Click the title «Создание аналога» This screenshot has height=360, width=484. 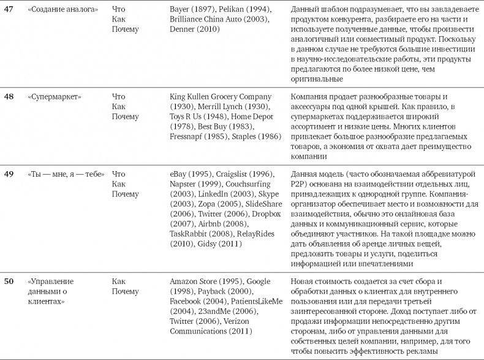click(63, 10)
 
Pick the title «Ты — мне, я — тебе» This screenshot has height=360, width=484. click(66, 175)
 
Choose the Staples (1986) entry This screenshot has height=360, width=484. click(257, 136)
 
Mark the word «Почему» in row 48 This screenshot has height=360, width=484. click(126, 117)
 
